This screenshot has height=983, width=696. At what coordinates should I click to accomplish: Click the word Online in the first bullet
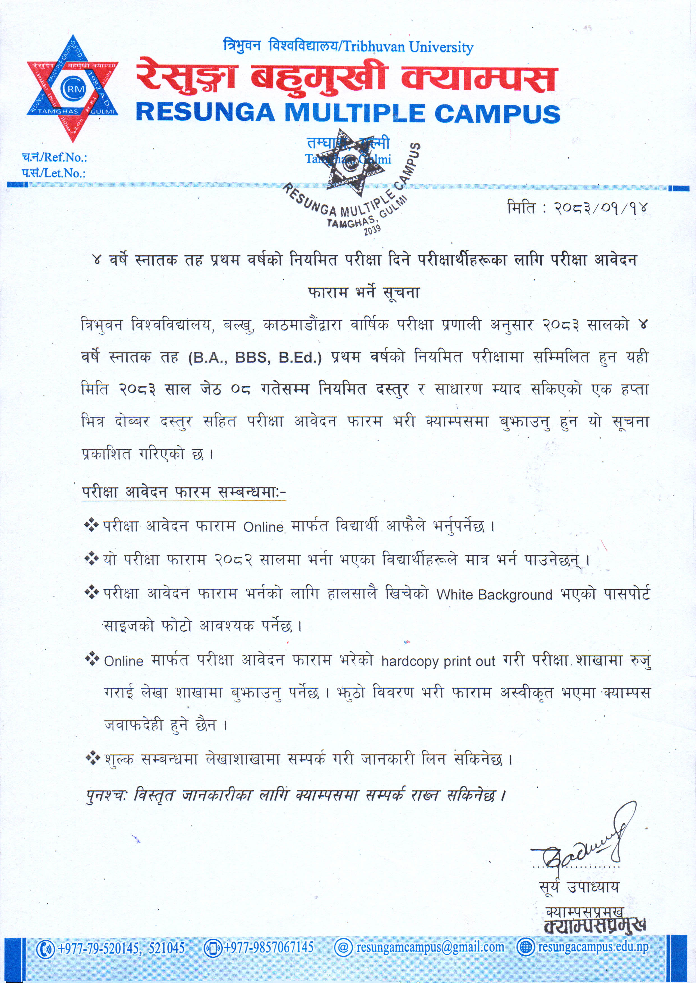pyautogui.click(x=264, y=527)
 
